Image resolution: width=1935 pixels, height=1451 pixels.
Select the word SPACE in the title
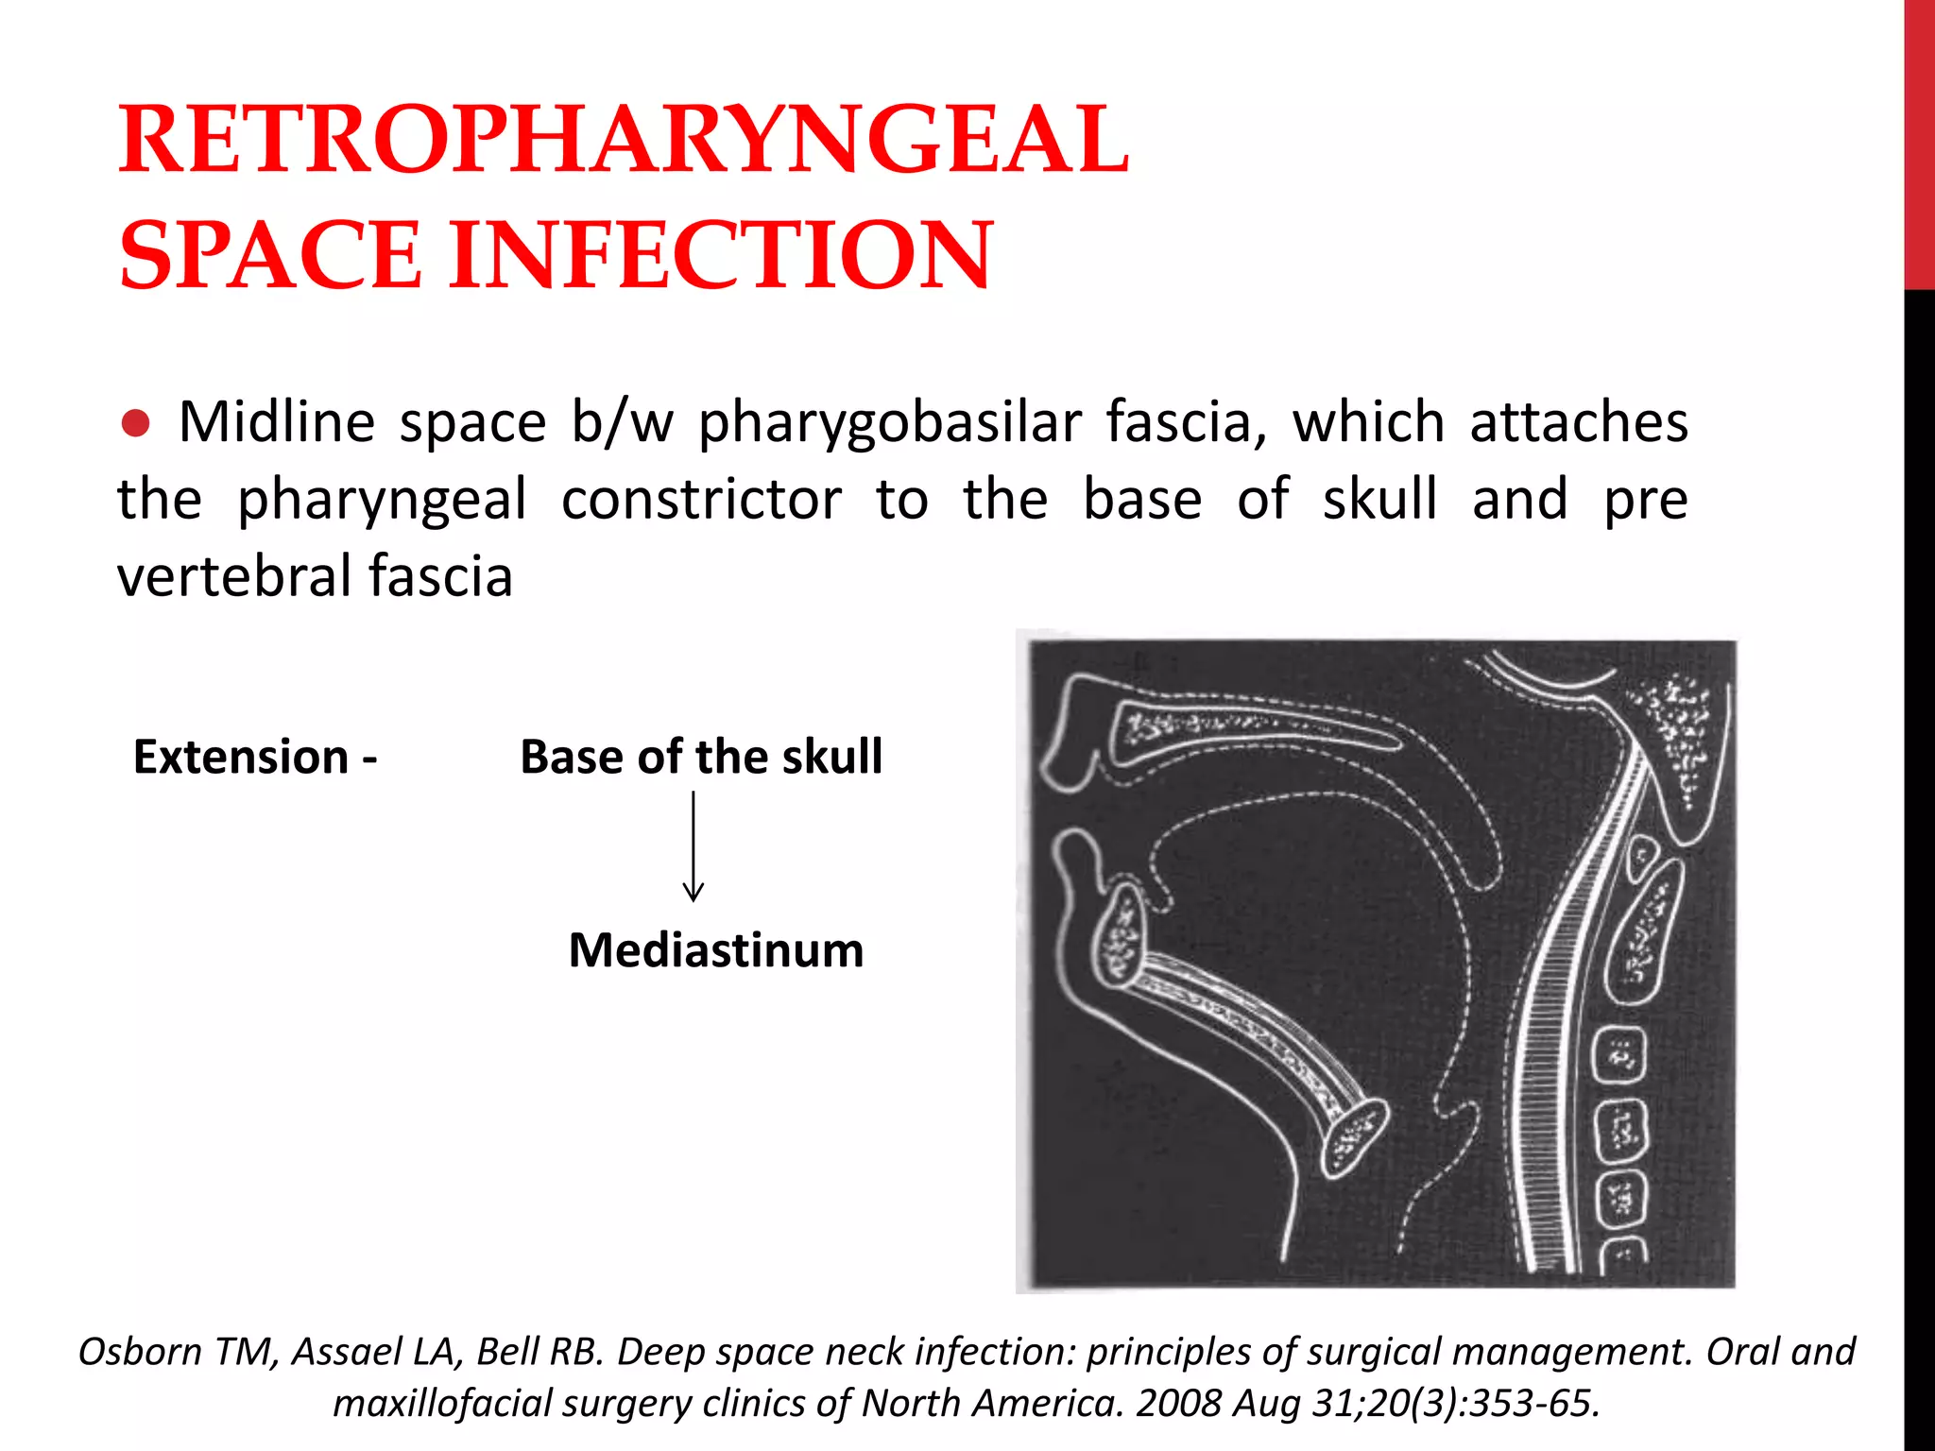(x=270, y=255)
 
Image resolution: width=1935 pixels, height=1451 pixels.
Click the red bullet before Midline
(x=136, y=424)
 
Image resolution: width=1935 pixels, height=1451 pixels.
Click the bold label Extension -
(x=255, y=757)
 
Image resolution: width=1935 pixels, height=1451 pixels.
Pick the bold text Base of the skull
(x=701, y=757)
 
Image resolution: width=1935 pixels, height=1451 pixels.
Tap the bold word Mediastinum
(x=716, y=949)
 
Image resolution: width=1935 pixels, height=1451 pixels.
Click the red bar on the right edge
(x=1919, y=142)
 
